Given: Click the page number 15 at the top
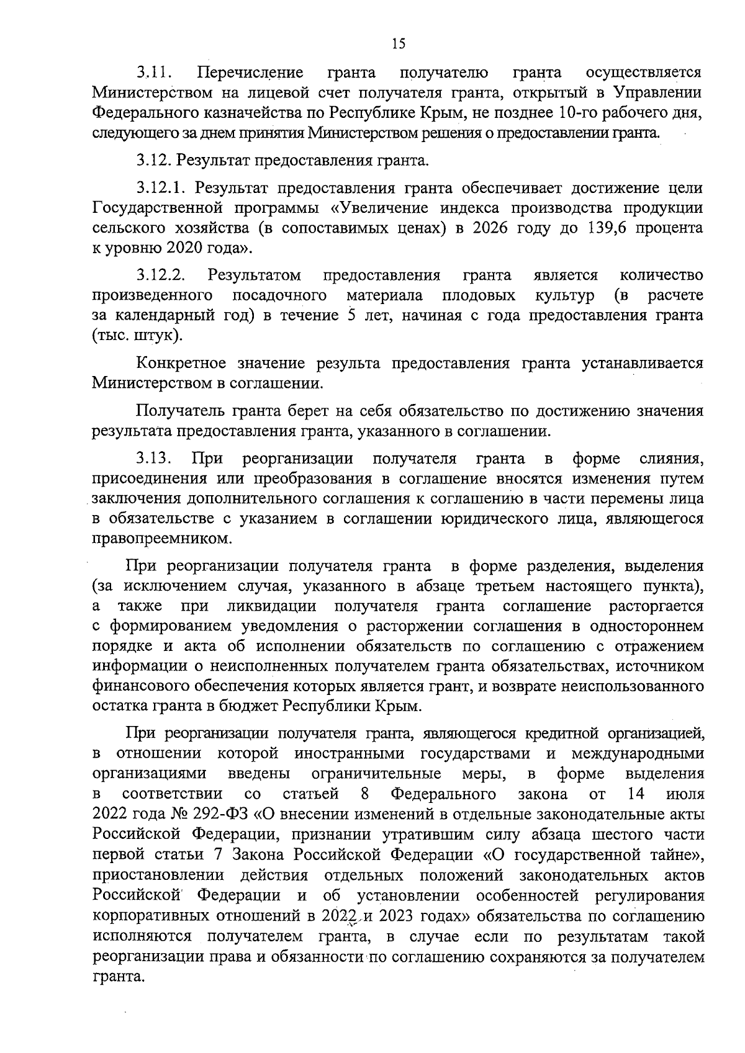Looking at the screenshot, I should pyautogui.click(x=398, y=43).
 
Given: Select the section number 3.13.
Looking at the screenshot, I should pyautogui.click(x=155, y=459).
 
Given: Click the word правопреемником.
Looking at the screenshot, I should pyautogui.click(x=162, y=539).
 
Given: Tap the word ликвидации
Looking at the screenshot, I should pyautogui.click(x=271, y=606).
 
